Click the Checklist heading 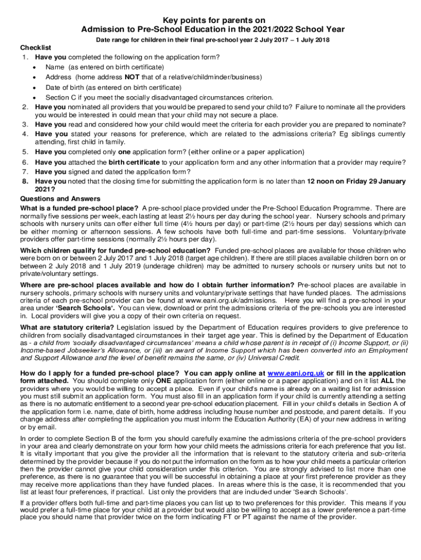point(36,48)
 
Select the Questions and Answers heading point(60,199)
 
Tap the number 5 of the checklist point(25,152)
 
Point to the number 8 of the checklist point(25,181)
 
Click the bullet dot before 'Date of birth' point(35,87)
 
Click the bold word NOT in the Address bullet point(131,77)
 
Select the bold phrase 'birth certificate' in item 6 point(135,162)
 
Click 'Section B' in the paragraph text point(81,439)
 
